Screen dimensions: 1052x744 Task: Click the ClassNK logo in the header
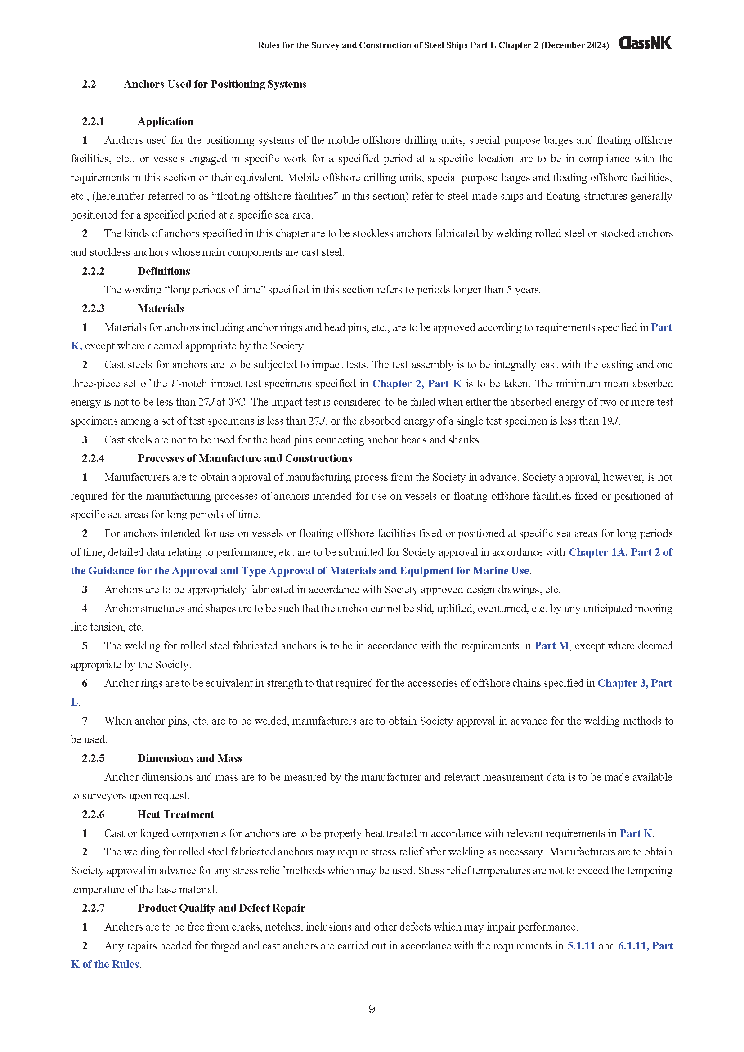point(645,43)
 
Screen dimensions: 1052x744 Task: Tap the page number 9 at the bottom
point(372,1008)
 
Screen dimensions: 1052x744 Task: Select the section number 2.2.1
point(93,121)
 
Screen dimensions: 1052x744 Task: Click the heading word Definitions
point(164,271)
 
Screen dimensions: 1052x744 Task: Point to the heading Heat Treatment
point(175,814)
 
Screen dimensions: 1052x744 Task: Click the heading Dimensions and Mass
point(190,758)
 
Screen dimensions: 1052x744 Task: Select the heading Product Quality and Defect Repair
point(221,908)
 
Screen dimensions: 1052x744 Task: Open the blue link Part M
point(551,645)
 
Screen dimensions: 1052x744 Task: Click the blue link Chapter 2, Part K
point(417,384)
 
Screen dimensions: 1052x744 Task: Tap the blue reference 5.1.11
point(581,945)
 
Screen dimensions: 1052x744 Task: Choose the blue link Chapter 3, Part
point(635,683)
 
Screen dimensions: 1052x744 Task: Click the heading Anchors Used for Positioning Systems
point(215,84)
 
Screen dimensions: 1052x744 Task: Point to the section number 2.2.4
point(93,458)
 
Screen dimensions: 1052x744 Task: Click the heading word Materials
point(160,309)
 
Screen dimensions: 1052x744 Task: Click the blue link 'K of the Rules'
point(105,964)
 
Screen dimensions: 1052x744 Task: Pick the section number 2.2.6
point(93,814)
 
